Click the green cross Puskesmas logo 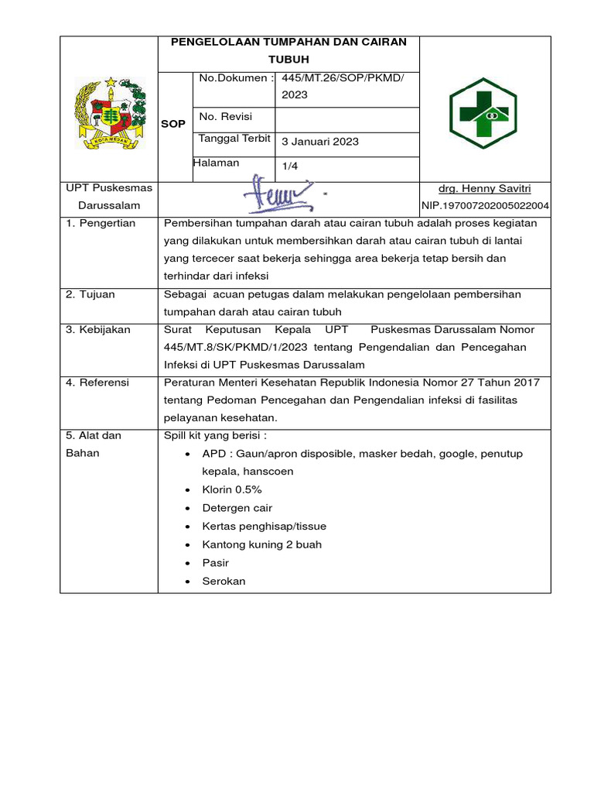pyautogui.click(x=484, y=113)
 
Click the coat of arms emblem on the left pyautogui.click(x=109, y=113)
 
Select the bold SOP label pyautogui.click(x=172, y=124)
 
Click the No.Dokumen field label pyautogui.click(x=236, y=78)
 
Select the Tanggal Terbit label pyautogui.click(x=234, y=139)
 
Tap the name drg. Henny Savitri pyautogui.click(x=484, y=188)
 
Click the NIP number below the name pyautogui.click(x=485, y=206)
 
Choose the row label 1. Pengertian pyautogui.click(x=101, y=223)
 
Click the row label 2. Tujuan pyautogui.click(x=93, y=294)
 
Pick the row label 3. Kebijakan pyautogui.click(x=98, y=330)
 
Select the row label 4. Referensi pyautogui.click(x=97, y=383)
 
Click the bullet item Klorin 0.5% pyautogui.click(x=232, y=490)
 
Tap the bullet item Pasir pyautogui.click(x=215, y=563)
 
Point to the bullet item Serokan pyautogui.click(x=224, y=581)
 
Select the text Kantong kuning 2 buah pyautogui.click(x=261, y=544)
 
